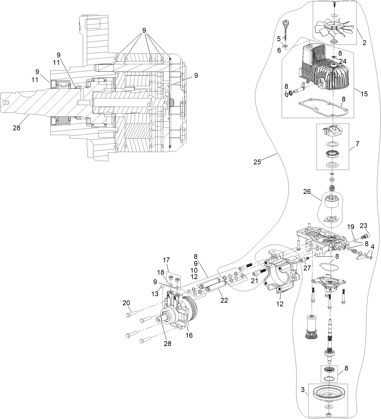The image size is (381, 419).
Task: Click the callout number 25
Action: click(x=257, y=162)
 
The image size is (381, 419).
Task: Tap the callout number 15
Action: click(x=364, y=94)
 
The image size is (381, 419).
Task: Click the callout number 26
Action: click(x=307, y=192)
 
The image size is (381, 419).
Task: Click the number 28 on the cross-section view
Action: click(x=16, y=128)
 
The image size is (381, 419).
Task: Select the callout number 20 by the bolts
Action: click(x=126, y=303)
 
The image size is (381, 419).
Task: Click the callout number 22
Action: click(x=224, y=300)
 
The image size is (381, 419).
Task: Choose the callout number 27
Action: click(x=307, y=268)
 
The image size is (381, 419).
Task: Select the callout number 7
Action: click(x=357, y=144)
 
